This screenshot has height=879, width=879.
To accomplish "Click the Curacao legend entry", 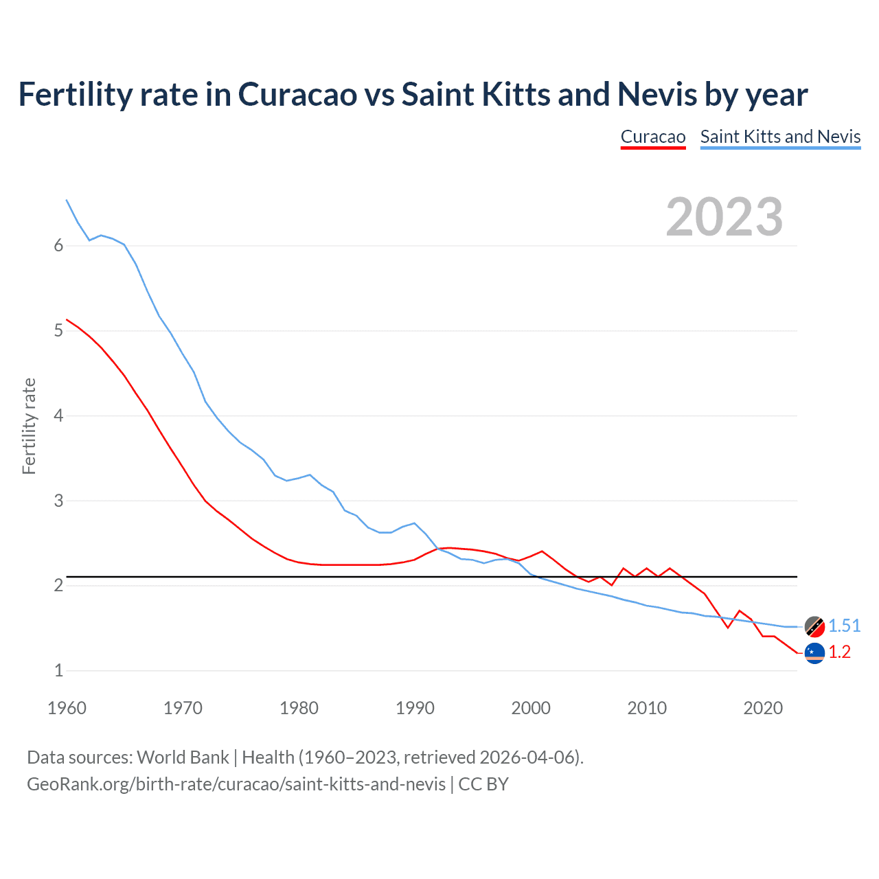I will pyautogui.click(x=652, y=137).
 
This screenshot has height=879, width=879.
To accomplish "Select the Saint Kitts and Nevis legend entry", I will pyautogui.click(x=780, y=137).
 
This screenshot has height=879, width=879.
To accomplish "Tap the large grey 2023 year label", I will pyautogui.click(x=724, y=217).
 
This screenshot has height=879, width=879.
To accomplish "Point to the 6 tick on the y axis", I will pyautogui.click(x=58, y=246).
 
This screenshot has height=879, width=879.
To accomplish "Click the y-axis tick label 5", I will pyautogui.click(x=58, y=331).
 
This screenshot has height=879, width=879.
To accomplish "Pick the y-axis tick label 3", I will pyautogui.click(x=58, y=501).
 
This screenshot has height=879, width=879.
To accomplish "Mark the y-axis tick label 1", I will pyautogui.click(x=58, y=670).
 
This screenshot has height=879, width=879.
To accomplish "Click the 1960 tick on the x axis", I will pyautogui.click(x=67, y=708).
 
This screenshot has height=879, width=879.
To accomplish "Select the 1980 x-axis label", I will pyautogui.click(x=299, y=708).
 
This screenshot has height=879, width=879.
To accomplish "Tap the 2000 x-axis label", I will pyautogui.click(x=531, y=708).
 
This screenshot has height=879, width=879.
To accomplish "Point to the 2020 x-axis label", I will pyautogui.click(x=763, y=708).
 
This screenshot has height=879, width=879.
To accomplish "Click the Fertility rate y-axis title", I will pyautogui.click(x=29, y=426).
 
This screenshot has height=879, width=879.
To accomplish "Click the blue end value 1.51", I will pyautogui.click(x=844, y=626).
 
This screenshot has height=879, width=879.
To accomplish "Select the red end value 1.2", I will pyautogui.click(x=839, y=652).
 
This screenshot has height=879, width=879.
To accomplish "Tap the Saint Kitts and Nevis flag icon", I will pyautogui.click(x=814, y=626).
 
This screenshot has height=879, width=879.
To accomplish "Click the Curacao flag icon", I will pyautogui.click(x=814, y=653).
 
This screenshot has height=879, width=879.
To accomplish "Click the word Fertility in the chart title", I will pyautogui.click(x=74, y=94).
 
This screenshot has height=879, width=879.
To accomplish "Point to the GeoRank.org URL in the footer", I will pyautogui.click(x=236, y=784).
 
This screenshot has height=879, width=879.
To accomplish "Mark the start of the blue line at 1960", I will pyautogui.click(x=67, y=201).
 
